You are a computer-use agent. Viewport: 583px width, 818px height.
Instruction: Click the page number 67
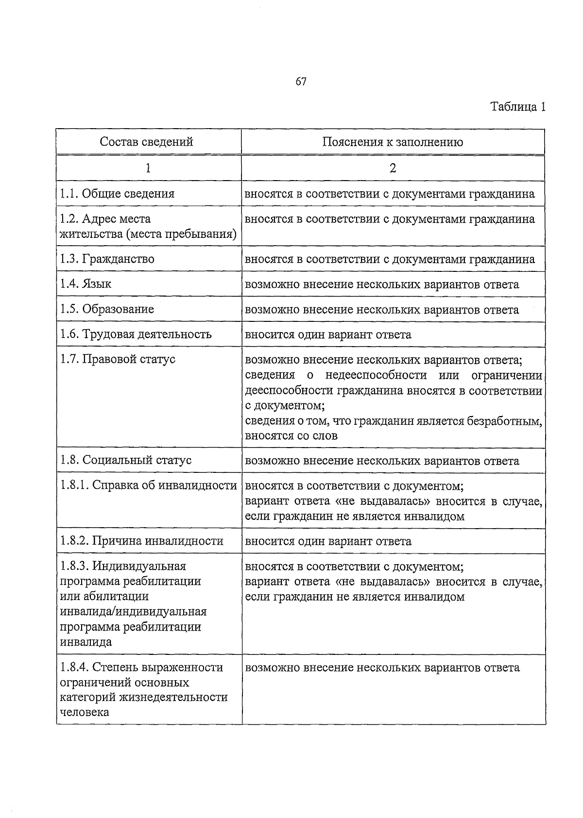(301, 82)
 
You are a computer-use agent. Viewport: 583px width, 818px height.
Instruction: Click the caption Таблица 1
(518, 107)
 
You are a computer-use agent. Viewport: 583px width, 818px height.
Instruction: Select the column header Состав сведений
(146, 142)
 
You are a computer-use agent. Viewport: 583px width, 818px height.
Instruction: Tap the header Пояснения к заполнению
(393, 142)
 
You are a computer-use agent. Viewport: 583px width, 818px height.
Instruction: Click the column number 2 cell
(393, 168)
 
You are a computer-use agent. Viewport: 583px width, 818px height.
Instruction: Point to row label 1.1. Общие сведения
(117, 194)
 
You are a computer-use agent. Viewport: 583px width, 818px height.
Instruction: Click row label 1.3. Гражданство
(107, 259)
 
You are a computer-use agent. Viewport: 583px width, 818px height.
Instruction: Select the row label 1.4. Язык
(86, 284)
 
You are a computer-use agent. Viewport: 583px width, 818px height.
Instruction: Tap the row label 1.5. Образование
(107, 309)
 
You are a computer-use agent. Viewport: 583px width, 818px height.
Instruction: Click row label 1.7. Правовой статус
(118, 359)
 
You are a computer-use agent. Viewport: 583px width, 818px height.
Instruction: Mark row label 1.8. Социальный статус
(126, 460)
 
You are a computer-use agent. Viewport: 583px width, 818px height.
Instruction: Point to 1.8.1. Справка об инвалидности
(148, 485)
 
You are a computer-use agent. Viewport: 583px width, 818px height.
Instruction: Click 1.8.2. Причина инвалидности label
(141, 541)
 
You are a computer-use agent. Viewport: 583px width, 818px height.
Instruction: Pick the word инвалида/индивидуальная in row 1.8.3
(133, 612)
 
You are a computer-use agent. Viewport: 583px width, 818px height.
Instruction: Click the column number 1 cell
(148, 168)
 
